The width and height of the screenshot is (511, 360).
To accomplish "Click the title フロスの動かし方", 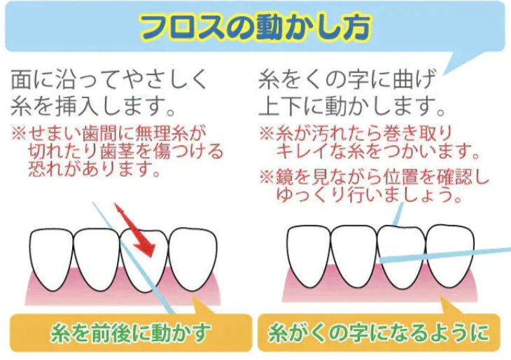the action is [x=255, y=27].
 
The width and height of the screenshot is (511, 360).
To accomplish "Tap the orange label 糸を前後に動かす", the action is [x=131, y=333].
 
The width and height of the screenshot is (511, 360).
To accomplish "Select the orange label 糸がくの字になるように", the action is [x=379, y=333].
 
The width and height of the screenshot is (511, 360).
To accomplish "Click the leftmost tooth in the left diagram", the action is [x=52, y=258].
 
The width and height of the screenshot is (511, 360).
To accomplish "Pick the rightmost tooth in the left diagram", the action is [x=193, y=258].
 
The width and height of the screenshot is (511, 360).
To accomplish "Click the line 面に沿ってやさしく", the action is [x=109, y=79].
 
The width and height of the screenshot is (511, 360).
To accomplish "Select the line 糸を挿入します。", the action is [x=94, y=106].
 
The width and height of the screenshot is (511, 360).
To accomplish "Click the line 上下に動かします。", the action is [x=352, y=106].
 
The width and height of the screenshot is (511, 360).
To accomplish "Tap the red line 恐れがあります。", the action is [x=94, y=169].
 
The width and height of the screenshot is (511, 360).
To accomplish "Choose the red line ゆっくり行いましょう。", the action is [x=370, y=195].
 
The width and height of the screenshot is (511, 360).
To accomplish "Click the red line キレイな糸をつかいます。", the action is [x=377, y=151].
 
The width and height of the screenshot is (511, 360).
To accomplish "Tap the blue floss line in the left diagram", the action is [x=133, y=258].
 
